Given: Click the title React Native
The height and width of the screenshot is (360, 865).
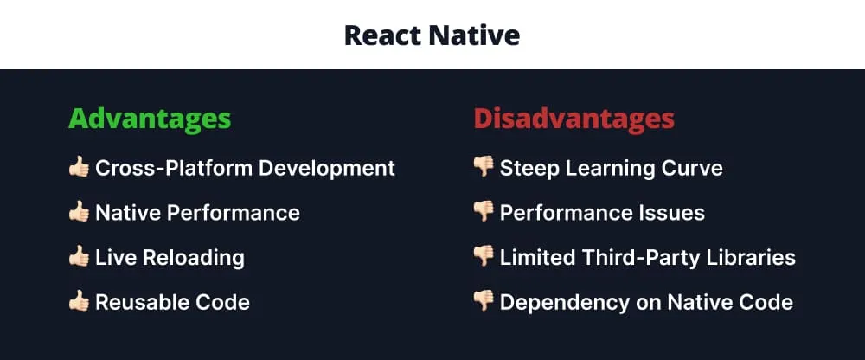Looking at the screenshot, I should coord(432,35).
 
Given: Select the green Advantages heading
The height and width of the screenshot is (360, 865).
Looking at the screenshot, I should coord(150,119).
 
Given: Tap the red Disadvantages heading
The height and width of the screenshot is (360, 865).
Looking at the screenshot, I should coord(573,119).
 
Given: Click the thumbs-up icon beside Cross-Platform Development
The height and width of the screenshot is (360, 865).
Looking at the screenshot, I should coord(79,167).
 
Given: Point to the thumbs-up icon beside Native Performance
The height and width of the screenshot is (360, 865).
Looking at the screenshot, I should coord(79,212).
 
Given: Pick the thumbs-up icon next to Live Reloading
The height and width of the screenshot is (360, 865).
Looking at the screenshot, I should coord(79,257).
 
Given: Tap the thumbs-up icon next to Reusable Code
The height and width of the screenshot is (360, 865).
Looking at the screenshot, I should coord(79,302).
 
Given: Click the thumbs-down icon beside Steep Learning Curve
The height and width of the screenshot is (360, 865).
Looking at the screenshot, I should coord(484,168).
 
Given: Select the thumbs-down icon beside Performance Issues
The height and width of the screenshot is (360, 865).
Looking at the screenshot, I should coord(484,213).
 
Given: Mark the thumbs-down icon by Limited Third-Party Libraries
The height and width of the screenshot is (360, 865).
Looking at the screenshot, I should coord(484,258).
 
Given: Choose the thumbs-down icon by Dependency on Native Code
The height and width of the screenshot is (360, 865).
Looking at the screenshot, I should coord(484,303).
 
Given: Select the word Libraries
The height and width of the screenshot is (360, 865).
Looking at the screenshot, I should coord(753,257).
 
